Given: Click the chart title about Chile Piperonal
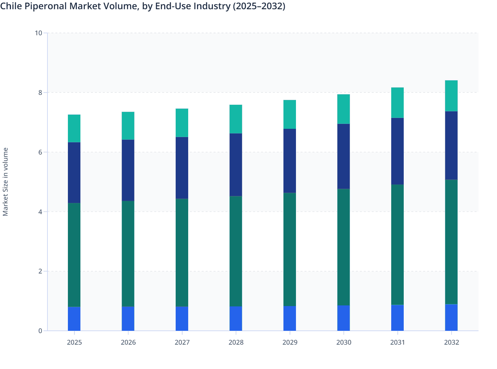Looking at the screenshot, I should click(143, 6).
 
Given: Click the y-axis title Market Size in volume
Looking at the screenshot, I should click(6, 182).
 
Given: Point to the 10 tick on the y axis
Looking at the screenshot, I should click(39, 33).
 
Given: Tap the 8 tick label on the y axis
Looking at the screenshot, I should click(40, 93).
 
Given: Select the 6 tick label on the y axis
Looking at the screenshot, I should click(40, 152).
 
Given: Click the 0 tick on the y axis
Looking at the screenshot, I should click(40, 331).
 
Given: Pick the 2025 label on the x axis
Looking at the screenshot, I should click(74, 342).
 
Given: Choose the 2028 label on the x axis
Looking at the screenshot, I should click(236, 342).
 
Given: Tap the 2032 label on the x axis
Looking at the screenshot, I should click(451, 342).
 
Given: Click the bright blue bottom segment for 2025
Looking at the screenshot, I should click(74, 319).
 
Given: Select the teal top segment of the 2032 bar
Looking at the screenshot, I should click(451, 96).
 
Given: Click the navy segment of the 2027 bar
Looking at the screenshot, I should click(182, 168).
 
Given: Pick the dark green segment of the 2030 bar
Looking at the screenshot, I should click(343, 247).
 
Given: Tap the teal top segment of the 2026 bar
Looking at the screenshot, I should click(128, 126).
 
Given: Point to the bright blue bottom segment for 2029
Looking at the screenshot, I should click(290, 318).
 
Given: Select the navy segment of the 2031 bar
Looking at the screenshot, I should click(397, 151).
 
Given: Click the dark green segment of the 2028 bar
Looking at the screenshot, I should click(236, 251).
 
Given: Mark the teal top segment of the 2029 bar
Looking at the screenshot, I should click(290, 114).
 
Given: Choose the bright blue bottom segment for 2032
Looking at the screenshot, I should click(451, 317).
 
